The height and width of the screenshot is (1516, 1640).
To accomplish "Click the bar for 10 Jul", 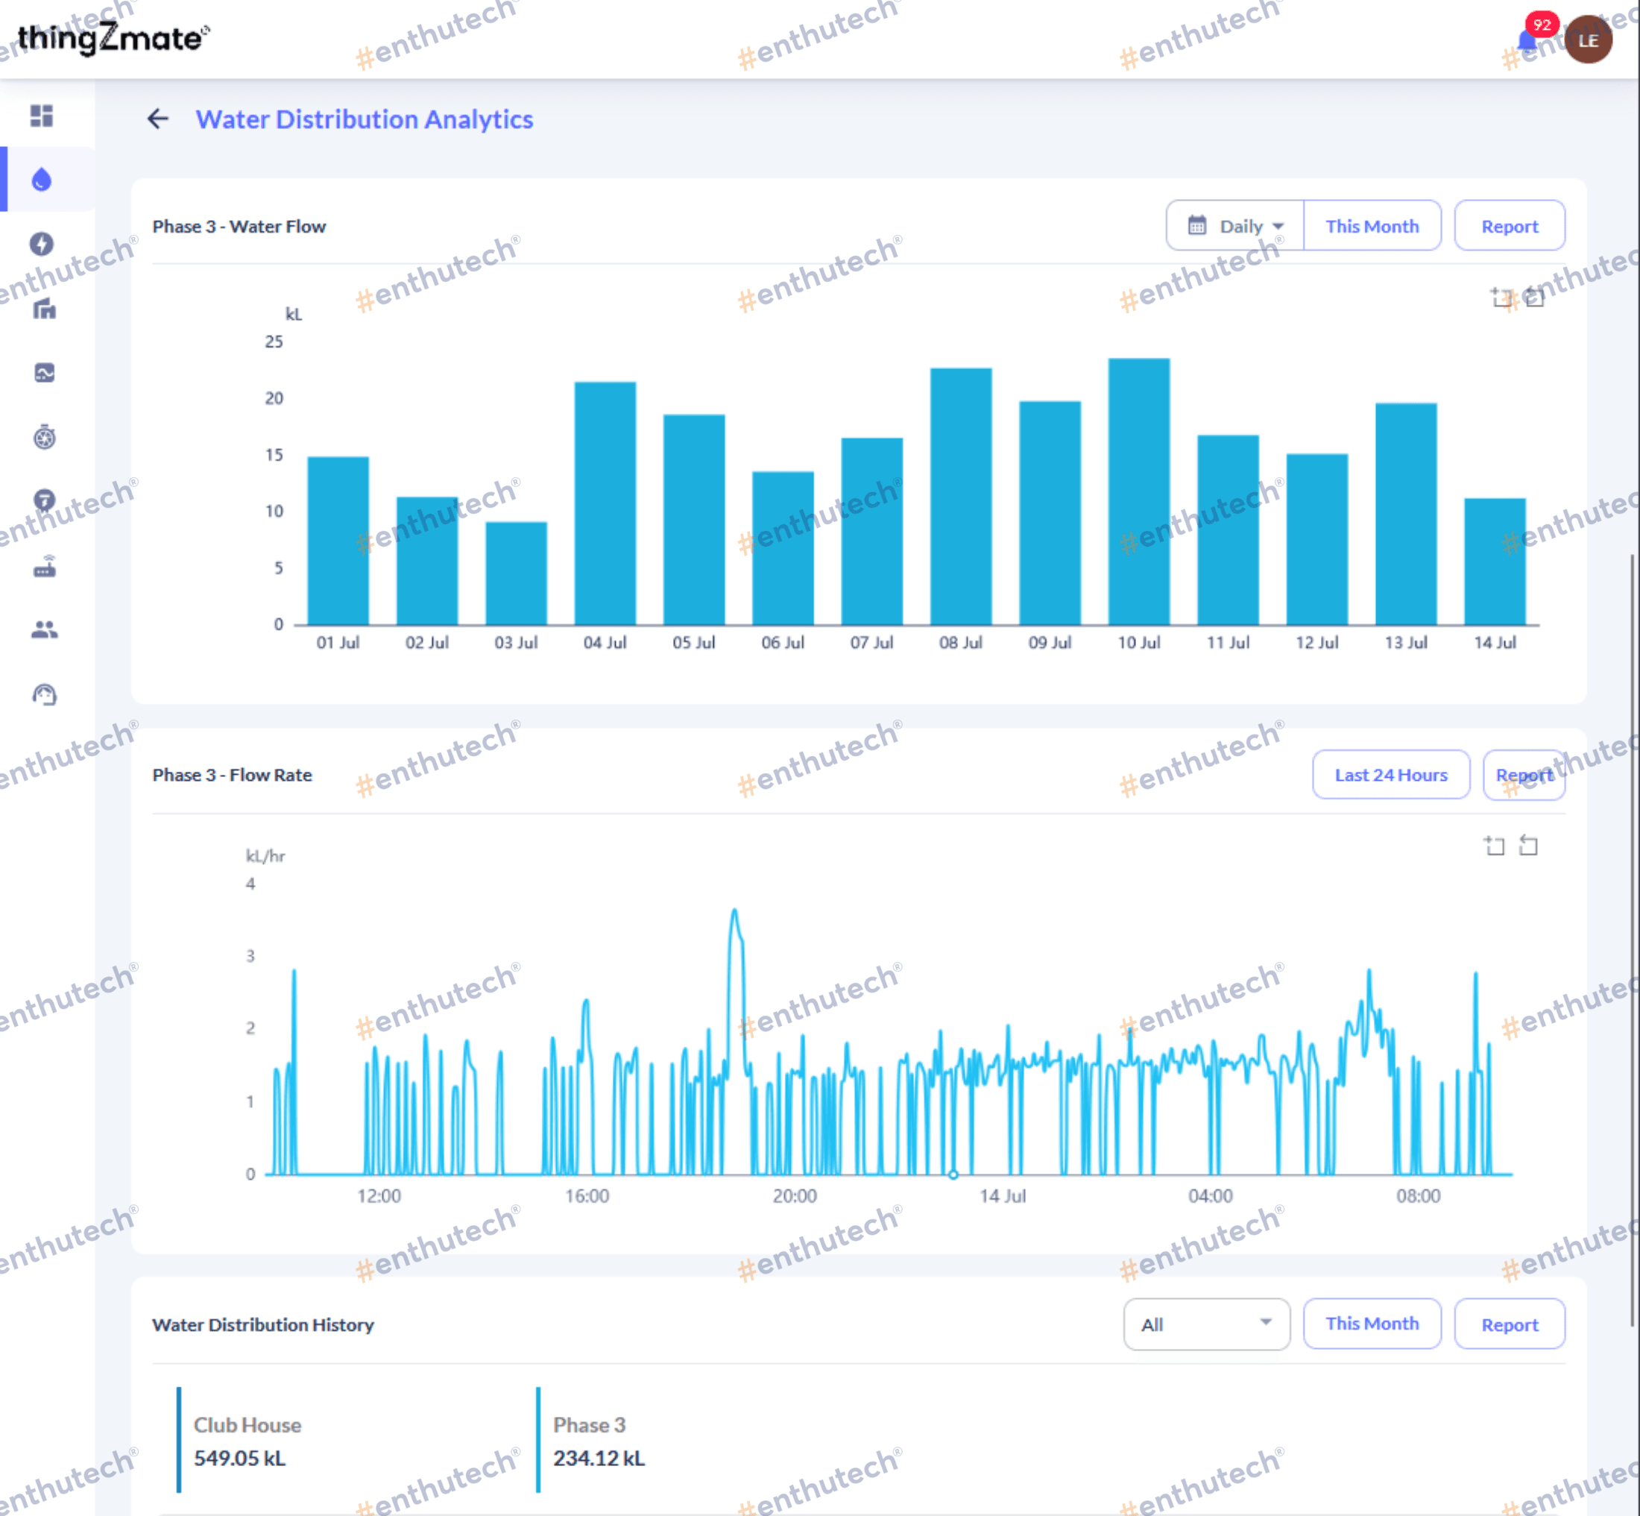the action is pyautogui.click(x=1139, y=491).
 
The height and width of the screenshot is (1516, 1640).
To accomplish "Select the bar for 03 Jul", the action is pyautogui.click(x=516, y=573).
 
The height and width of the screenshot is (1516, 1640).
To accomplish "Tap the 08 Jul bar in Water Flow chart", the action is pyautogui.click(x=961, y=497).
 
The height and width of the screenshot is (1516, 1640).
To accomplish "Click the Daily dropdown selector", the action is pyautogui.click(x=1235, y=226).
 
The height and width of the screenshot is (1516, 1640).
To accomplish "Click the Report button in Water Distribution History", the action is pyautogui.click(x=1510, y=1324).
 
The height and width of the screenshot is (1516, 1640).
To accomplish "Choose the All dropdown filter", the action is pyautogui.click(x=1206, y=1324).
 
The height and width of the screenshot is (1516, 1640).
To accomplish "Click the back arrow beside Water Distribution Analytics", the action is pyautogui.click(x=158, y=119).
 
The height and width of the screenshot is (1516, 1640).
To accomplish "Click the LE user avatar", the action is pyautogui.click(x=1589, y=40).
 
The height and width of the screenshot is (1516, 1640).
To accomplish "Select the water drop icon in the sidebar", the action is pyautogui.click(x=42, y=179).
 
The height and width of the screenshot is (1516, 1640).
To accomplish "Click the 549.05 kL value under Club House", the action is pyautogui.click(x=239, y=1458).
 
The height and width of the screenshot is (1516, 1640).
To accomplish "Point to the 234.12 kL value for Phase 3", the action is pyautogui.click(x=599, y=1458).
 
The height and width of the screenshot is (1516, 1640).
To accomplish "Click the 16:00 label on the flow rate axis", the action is pyautogui.click(x=587, y=1195).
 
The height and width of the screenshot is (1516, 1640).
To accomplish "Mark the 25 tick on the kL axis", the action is pyautogui.click(x=274, y=342).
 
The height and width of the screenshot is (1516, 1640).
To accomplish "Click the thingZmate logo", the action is pyautogui.click(x=113, y=37).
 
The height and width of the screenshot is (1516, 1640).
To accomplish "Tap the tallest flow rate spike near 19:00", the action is pyautogui.click(x=735, y=910).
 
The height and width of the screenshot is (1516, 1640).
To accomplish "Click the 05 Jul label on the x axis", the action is pyautogui.click(x=694, y=642).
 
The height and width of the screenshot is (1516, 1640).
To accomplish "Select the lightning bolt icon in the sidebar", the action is pyautogui.click(x=42, y=244).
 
